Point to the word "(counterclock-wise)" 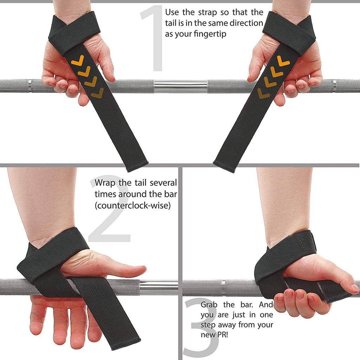133,205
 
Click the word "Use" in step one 172,12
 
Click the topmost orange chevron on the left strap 78,60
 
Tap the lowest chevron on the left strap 97,93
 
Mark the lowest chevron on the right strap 263,93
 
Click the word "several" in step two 163,183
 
